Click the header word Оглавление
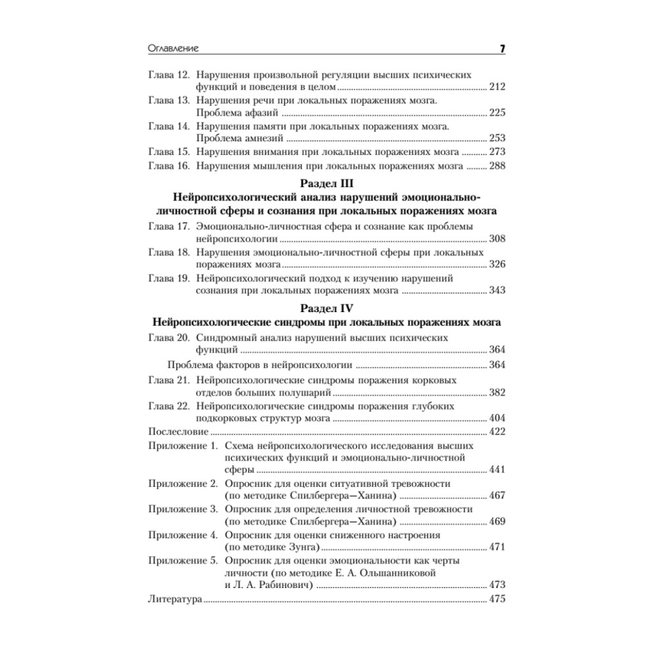tap(174, 48)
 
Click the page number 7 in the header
tap(501, 48)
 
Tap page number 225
tap(497, 113)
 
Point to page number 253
tap(497, 139)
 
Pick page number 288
tap(497, 166)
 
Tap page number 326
tap(497, 265)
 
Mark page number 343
tap(497, 290)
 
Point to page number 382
tap(497, 393)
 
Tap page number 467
tap(497, 496)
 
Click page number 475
tap(497, 599)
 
